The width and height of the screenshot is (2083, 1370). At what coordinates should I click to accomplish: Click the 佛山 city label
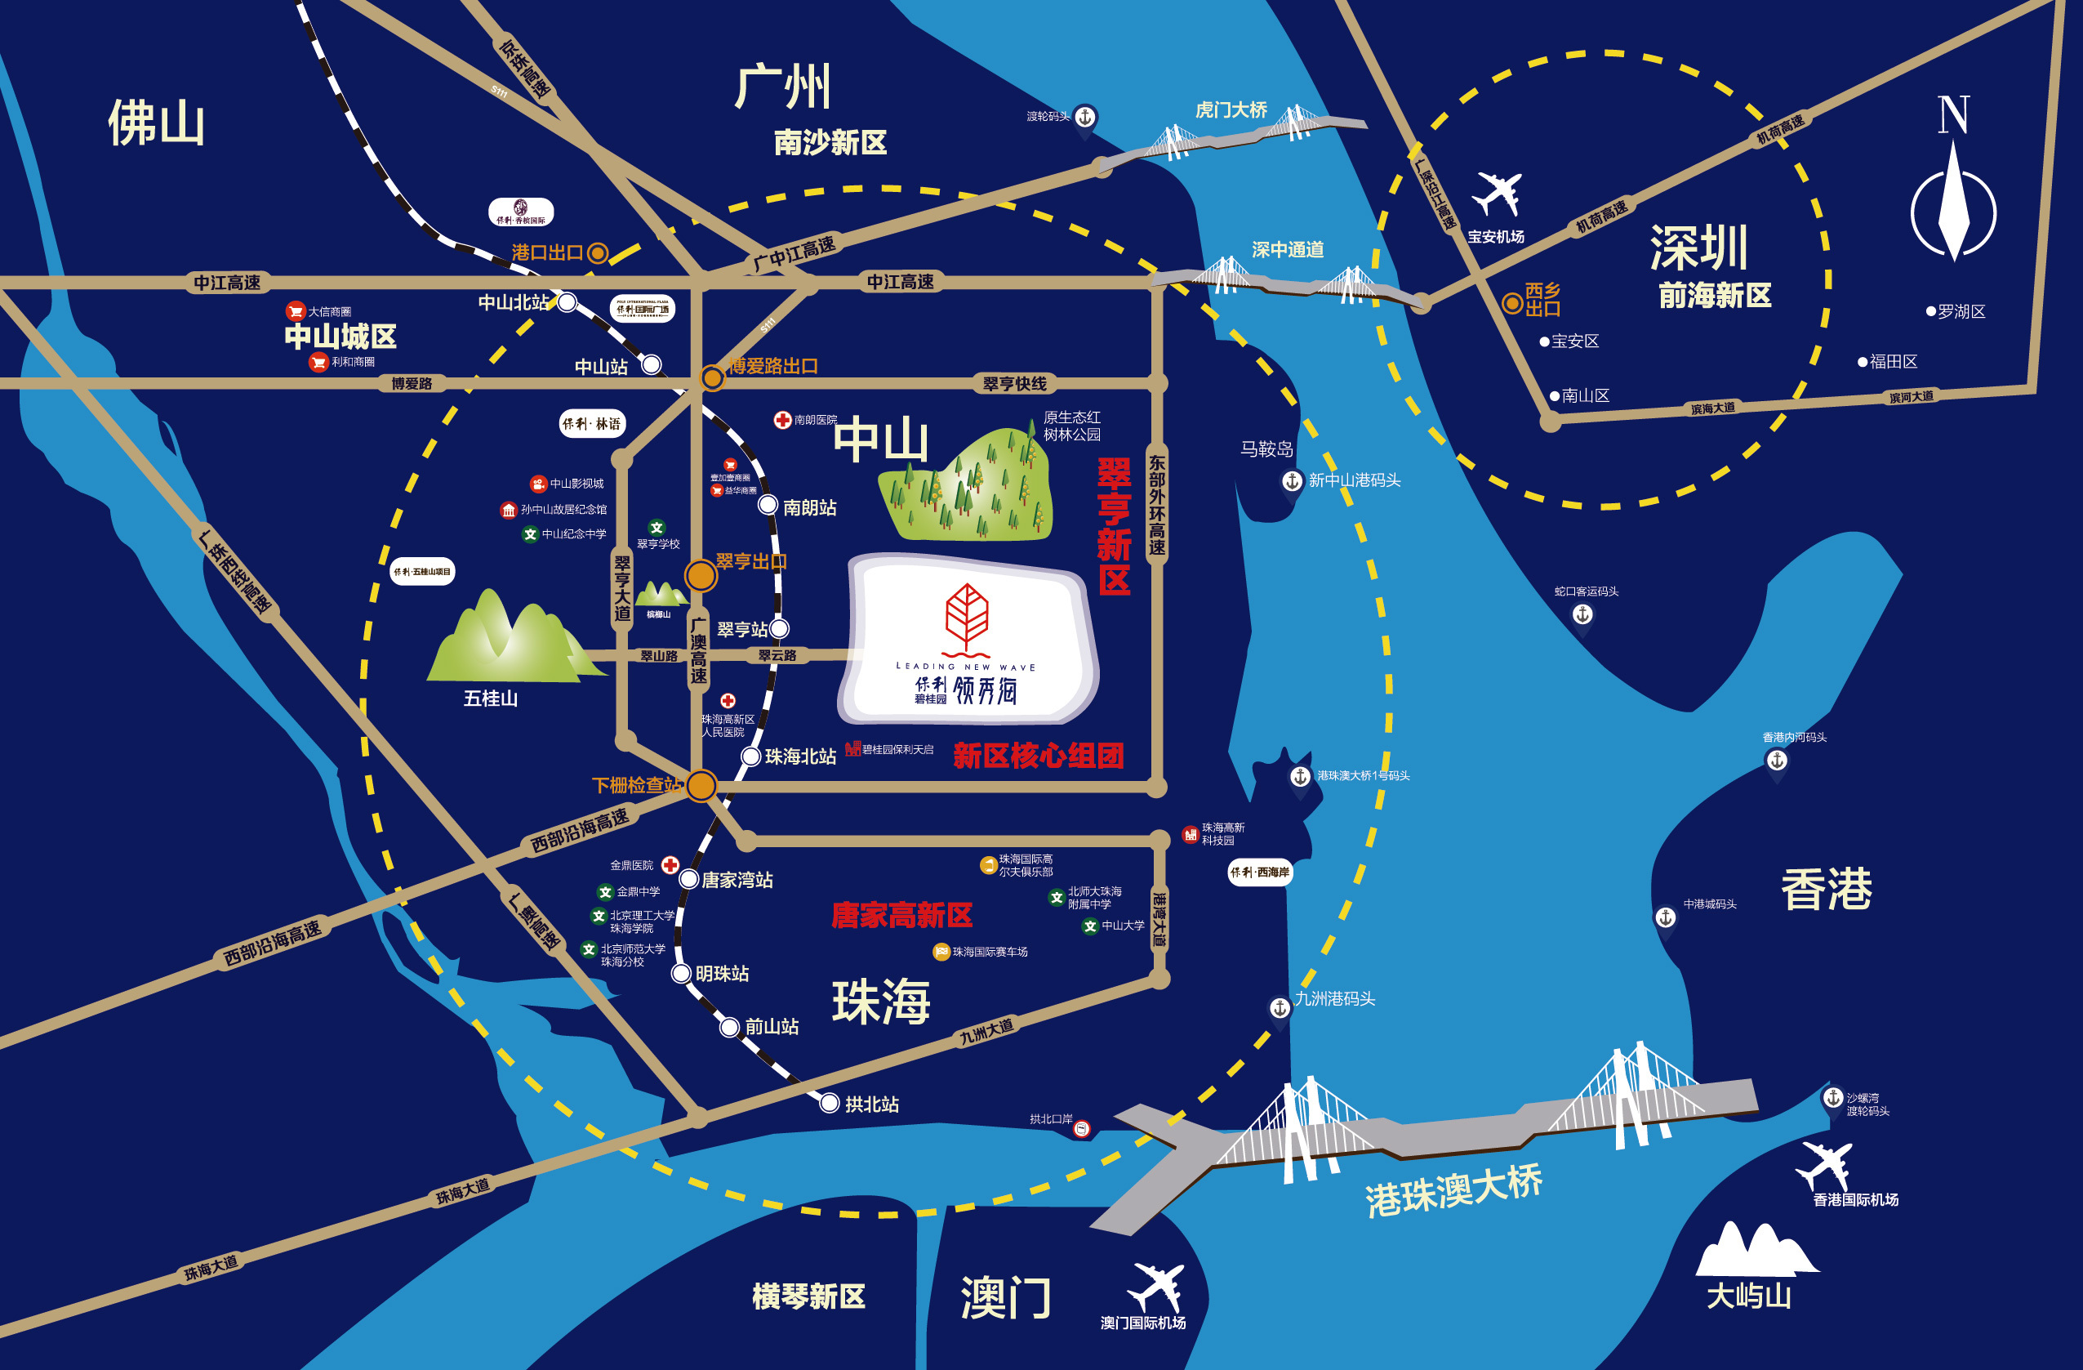(157, 123)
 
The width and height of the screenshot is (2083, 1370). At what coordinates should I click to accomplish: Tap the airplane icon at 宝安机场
(1498, 194)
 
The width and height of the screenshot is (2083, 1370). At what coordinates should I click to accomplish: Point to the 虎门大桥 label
(1231, 110)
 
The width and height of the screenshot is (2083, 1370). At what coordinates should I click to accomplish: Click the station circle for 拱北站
(829, 1104)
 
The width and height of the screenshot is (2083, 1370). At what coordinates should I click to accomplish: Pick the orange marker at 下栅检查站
(701, 785)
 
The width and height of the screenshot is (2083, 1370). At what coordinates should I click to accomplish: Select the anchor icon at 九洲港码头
(1280, 1008)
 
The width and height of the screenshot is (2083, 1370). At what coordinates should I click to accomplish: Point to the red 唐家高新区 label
(901, 916)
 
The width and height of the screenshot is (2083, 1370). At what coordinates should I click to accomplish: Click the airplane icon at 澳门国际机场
(1156, 1287)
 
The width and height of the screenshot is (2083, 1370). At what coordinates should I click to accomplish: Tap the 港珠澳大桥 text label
(1453, 1192)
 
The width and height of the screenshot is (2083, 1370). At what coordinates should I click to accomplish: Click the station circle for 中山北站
(567, 303)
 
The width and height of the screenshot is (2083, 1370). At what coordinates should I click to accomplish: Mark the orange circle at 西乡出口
(1511, 303)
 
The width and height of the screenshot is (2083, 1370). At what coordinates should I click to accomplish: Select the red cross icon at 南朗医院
(782, 420)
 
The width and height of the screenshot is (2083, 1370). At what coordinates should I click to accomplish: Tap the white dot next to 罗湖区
(1930, 311)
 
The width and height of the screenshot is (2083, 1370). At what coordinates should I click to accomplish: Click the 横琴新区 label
(808, 1296)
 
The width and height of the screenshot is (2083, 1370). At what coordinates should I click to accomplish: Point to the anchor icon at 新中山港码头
(1293, 480)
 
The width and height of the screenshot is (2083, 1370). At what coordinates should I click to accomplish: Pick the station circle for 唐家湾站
(689, 879)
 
